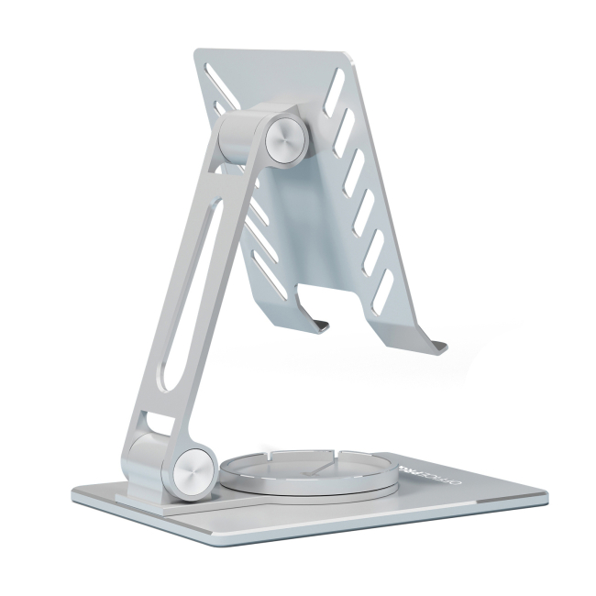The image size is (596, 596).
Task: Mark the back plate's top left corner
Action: point(195,52)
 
